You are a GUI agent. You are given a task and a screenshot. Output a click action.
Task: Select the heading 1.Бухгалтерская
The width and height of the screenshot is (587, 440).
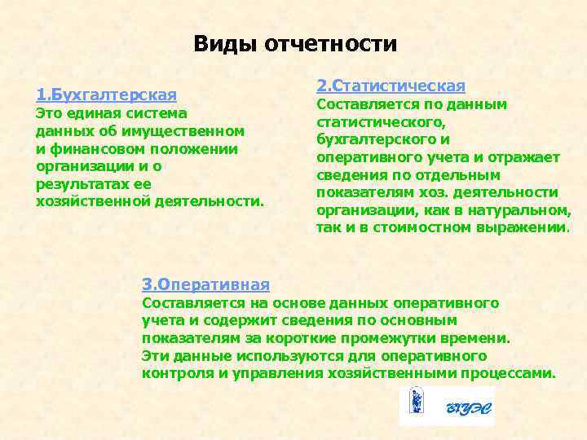pos(106,95)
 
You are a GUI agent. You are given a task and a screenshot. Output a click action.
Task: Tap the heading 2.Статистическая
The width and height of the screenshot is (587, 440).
pos(391,86)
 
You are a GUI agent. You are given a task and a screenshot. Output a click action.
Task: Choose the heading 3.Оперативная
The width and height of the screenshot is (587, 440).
pos(205,284)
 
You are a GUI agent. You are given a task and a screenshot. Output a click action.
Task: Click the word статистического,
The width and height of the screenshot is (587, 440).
pos(381,122)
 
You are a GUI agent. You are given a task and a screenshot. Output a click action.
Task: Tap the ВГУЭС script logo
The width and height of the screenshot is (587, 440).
pos(470,408)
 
